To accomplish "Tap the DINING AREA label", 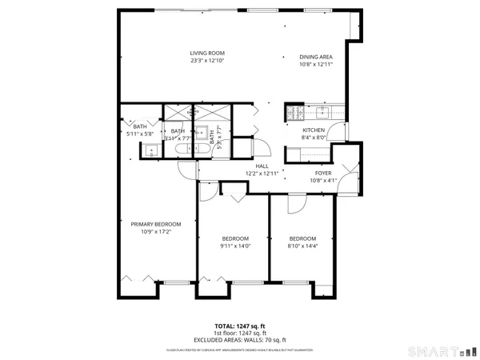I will pos(314,57).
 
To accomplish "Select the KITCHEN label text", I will pos(312,130).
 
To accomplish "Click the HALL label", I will pos(262,166).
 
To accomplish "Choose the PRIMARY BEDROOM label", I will pos(156,224).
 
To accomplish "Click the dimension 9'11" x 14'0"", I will pos(235,246).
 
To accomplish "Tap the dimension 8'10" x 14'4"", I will pos(302,246).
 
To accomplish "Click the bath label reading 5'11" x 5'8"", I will pos(140,134).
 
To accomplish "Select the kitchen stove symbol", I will pos(294,112).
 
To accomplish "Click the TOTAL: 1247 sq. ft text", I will pos(240,327).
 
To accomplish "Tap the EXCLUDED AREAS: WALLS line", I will pos(240,340).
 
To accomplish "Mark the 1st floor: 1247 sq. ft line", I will pos(240,334).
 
